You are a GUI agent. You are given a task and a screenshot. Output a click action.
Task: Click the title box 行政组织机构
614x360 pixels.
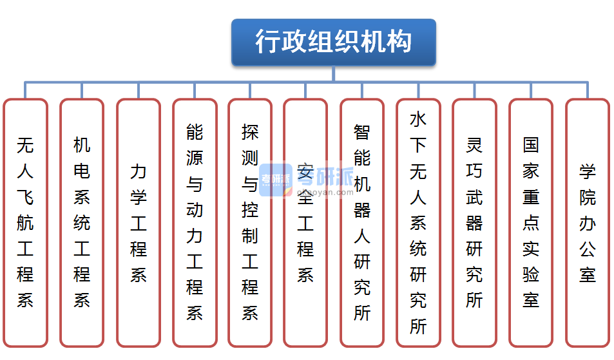click(x=333, y=43)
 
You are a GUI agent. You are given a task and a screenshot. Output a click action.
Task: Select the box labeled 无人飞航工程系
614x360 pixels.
click(x=25, y=222)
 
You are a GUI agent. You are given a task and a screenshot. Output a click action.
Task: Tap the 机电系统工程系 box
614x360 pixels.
click(x=82, y=222)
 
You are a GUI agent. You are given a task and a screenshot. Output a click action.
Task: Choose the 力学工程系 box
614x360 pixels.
click(x=138, y=222)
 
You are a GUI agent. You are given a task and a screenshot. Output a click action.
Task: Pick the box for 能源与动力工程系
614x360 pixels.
click(x=195, y=222)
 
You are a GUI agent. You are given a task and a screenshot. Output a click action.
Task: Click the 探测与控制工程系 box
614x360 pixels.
click(x=250, y=222)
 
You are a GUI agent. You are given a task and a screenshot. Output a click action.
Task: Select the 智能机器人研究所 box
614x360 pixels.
click(x=362, y=222)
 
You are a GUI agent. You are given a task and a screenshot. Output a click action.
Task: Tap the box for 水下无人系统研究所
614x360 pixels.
click(x=418, y=222)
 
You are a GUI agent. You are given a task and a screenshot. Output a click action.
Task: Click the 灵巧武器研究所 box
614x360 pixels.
click(x=474, y=222)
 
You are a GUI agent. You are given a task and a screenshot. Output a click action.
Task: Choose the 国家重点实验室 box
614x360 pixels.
click(x=531, y=222)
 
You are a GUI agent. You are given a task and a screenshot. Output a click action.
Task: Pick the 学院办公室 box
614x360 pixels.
click(x=587, y=222)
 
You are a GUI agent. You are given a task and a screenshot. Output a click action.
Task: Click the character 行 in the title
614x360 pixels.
click(x=268, y=43)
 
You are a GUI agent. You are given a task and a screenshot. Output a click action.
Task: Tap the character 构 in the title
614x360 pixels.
click(x=399, y=43)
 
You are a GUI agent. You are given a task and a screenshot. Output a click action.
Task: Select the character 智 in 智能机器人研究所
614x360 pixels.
click(x=362, y=132)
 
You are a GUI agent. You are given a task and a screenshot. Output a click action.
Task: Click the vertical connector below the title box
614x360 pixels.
click(x=333, y=73)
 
